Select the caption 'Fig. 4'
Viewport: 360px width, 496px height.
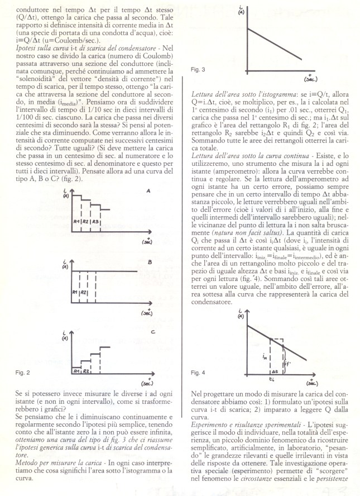click(x=199, y=372)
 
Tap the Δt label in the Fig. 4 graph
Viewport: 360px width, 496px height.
click(x=274, y=370)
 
